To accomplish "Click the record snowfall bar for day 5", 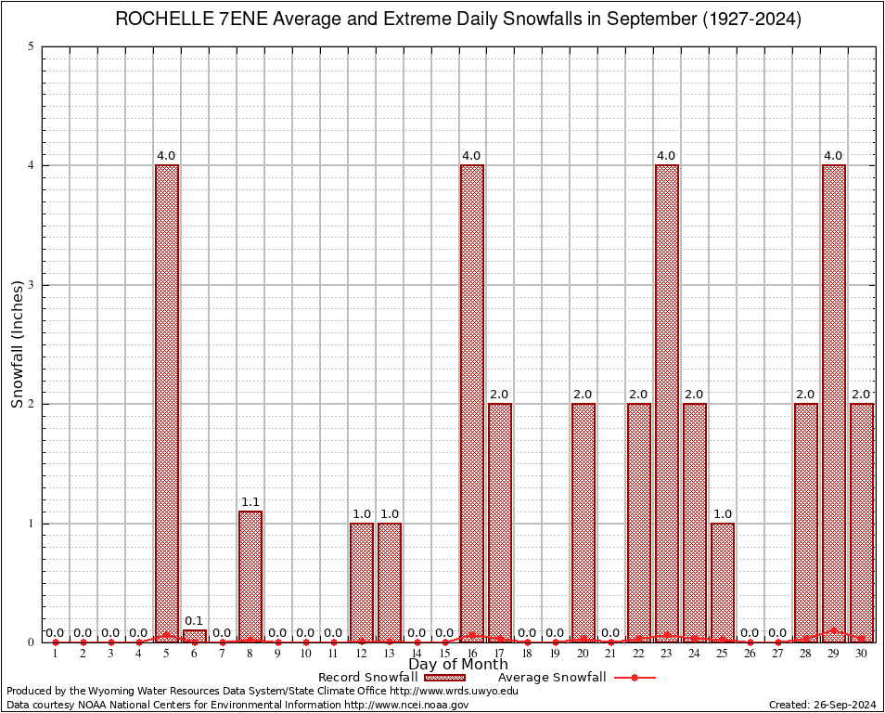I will point(167,403).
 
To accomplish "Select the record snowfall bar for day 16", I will point(472,403).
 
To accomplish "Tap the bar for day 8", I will point(250,576).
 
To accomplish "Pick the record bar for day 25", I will point(723,582).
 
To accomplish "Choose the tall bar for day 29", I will point(834,403).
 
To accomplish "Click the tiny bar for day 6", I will point(195,636).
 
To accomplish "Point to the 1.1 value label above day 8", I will point(250,502).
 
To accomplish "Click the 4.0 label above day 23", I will point(667,156).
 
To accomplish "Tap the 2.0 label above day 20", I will point(584,395).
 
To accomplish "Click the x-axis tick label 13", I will point(390,655).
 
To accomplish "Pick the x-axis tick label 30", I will point(862,655).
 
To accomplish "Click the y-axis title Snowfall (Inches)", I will point(17,344).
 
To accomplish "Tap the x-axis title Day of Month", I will point(458,665).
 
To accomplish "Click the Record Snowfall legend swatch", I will point(444,678).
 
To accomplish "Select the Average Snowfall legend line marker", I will point(634,678).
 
